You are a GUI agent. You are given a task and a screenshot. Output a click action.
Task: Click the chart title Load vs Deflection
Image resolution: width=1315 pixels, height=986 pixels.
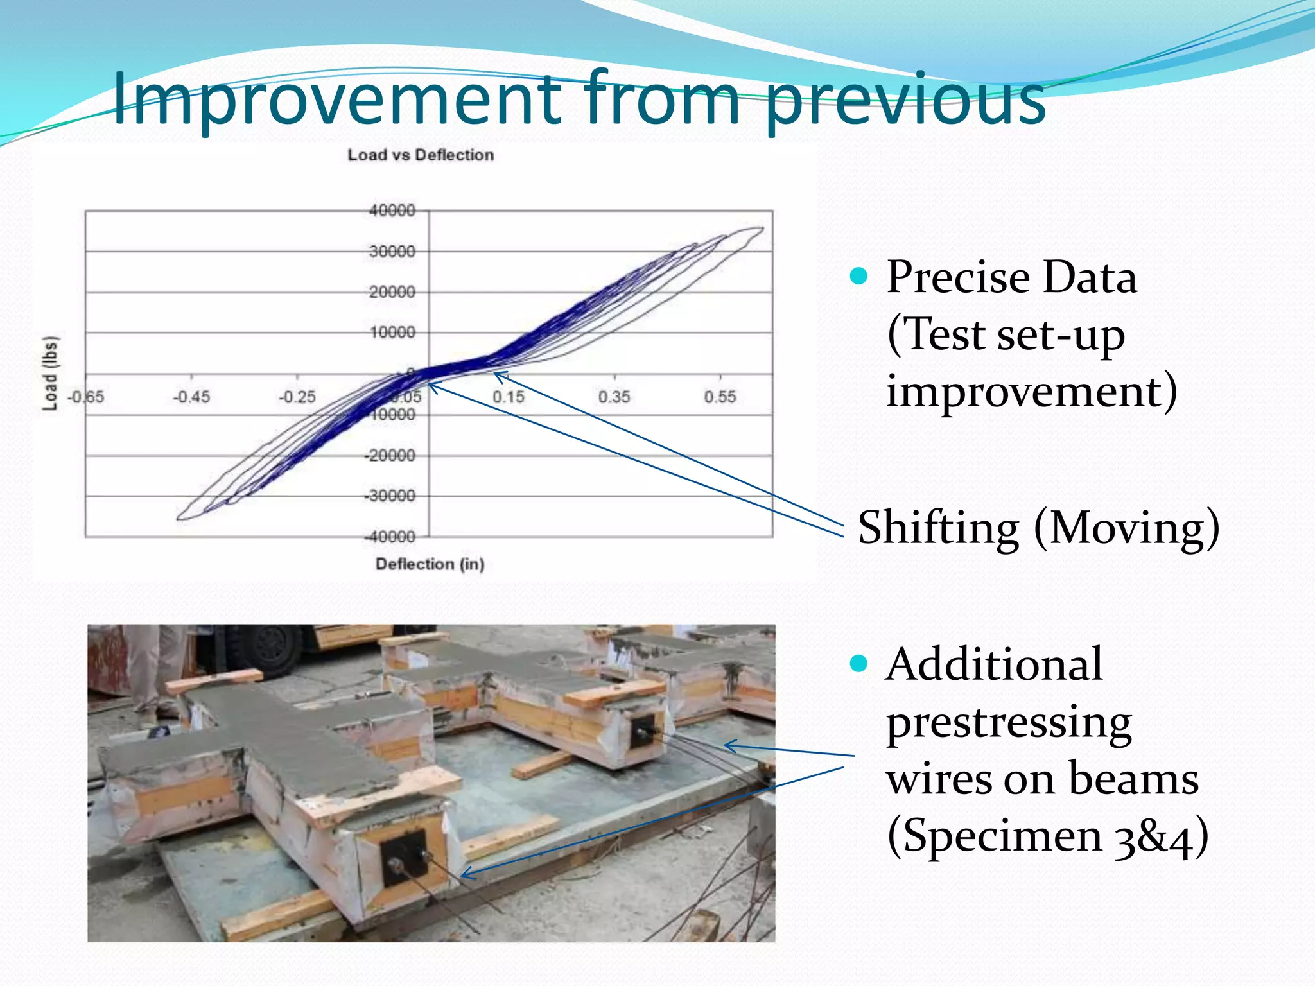pos(421,155)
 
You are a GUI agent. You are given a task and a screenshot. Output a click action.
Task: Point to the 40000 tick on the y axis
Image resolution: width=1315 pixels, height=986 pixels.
pos(392,211)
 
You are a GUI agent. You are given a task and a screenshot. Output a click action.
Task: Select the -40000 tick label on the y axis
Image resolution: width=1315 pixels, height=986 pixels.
pos(390,536)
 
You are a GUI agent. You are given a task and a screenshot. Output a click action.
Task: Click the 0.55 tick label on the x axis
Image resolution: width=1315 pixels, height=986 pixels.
pos(720,397)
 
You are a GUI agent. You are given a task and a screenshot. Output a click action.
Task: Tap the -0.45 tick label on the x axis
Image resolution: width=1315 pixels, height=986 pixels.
pos(191,397)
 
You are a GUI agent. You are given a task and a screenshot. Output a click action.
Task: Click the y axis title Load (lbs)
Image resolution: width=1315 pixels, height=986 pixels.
pos(50,373)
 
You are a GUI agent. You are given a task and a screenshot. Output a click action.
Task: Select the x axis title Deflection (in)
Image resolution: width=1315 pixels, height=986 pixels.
pos(430,564)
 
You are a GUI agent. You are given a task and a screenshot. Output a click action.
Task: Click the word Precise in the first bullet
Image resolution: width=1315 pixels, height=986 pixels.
pos(957,277)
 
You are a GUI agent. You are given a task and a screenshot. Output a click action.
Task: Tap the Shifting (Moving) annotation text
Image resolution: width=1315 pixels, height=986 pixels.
pos(1038,528)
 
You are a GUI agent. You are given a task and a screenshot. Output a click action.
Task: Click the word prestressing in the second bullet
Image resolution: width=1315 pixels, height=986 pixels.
pos(1009,722)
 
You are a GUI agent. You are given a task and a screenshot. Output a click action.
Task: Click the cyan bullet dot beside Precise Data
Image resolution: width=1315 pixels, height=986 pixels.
pos(858,277)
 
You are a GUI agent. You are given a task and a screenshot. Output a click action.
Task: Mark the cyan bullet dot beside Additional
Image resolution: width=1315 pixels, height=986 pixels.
pos(858,663)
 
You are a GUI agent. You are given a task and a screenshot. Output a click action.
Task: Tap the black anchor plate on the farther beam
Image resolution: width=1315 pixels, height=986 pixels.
pos(646,731)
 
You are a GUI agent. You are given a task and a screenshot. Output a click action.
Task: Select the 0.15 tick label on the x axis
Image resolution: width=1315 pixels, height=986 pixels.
pos(508,397)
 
